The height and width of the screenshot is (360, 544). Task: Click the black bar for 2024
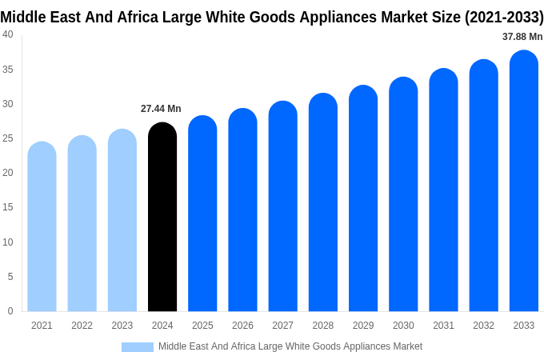[162, 218]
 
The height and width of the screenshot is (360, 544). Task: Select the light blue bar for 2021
[42, 227]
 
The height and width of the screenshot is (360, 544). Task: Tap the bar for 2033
[523, 182]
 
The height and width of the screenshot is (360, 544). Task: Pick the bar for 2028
[323, 203]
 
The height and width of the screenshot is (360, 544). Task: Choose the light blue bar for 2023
[122, 221]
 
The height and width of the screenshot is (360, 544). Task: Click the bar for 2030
[403, 195]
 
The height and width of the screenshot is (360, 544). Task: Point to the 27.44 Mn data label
[161, 109]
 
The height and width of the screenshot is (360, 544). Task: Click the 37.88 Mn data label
[522, 37]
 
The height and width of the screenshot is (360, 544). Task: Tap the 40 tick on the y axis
[8, 34]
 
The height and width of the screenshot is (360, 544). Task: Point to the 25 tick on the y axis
[8, 138]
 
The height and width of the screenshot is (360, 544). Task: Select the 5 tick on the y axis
[10, 277]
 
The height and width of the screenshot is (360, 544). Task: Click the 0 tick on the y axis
[10, 311]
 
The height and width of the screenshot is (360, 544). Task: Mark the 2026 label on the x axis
[242, 326]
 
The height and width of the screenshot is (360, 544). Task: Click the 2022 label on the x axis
[82, 326]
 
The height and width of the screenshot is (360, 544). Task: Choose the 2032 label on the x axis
[483, 326]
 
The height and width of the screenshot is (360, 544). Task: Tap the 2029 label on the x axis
[363, 326]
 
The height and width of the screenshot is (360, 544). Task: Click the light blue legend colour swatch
[138, 347]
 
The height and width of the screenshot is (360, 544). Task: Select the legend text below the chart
[290, 346]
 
